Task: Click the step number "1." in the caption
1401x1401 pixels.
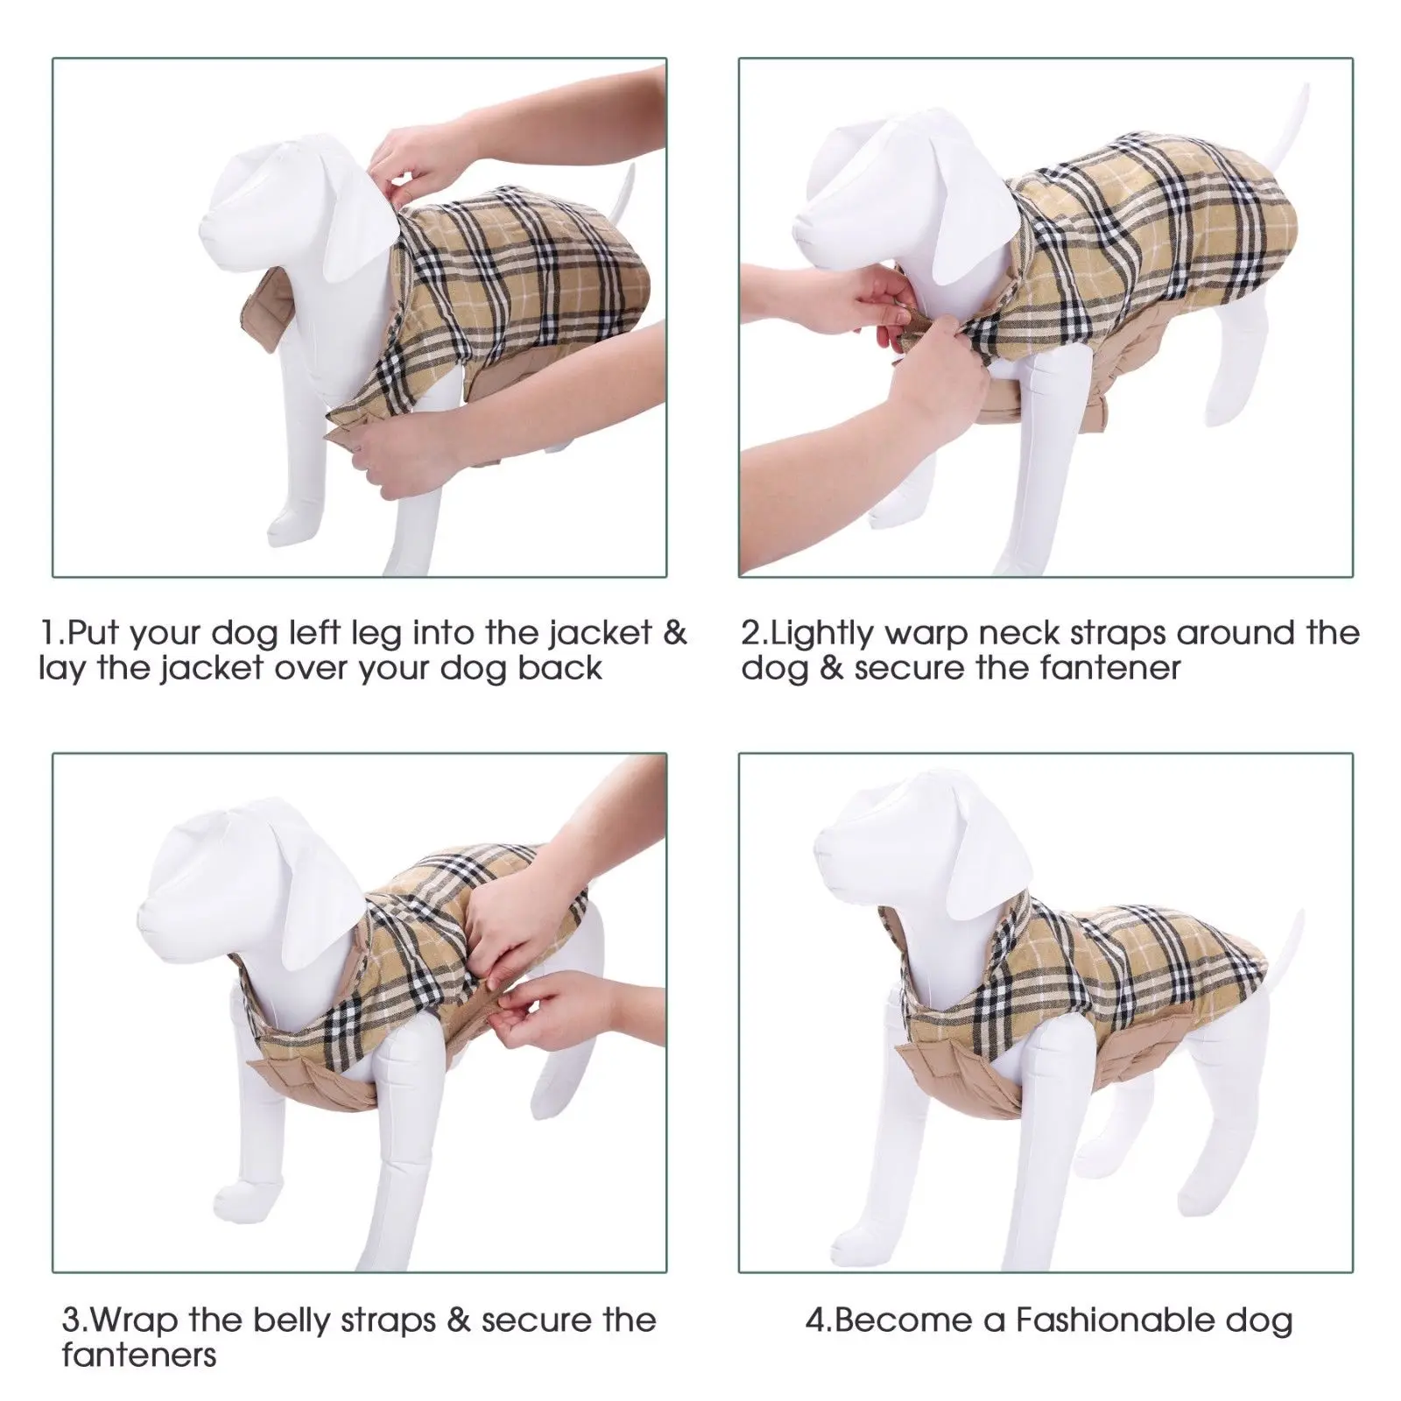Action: (x=53, y=633)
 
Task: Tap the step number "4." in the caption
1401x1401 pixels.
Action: (x=820, y=1320)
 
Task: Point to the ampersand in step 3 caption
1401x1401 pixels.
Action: (x=459, y=1320)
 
